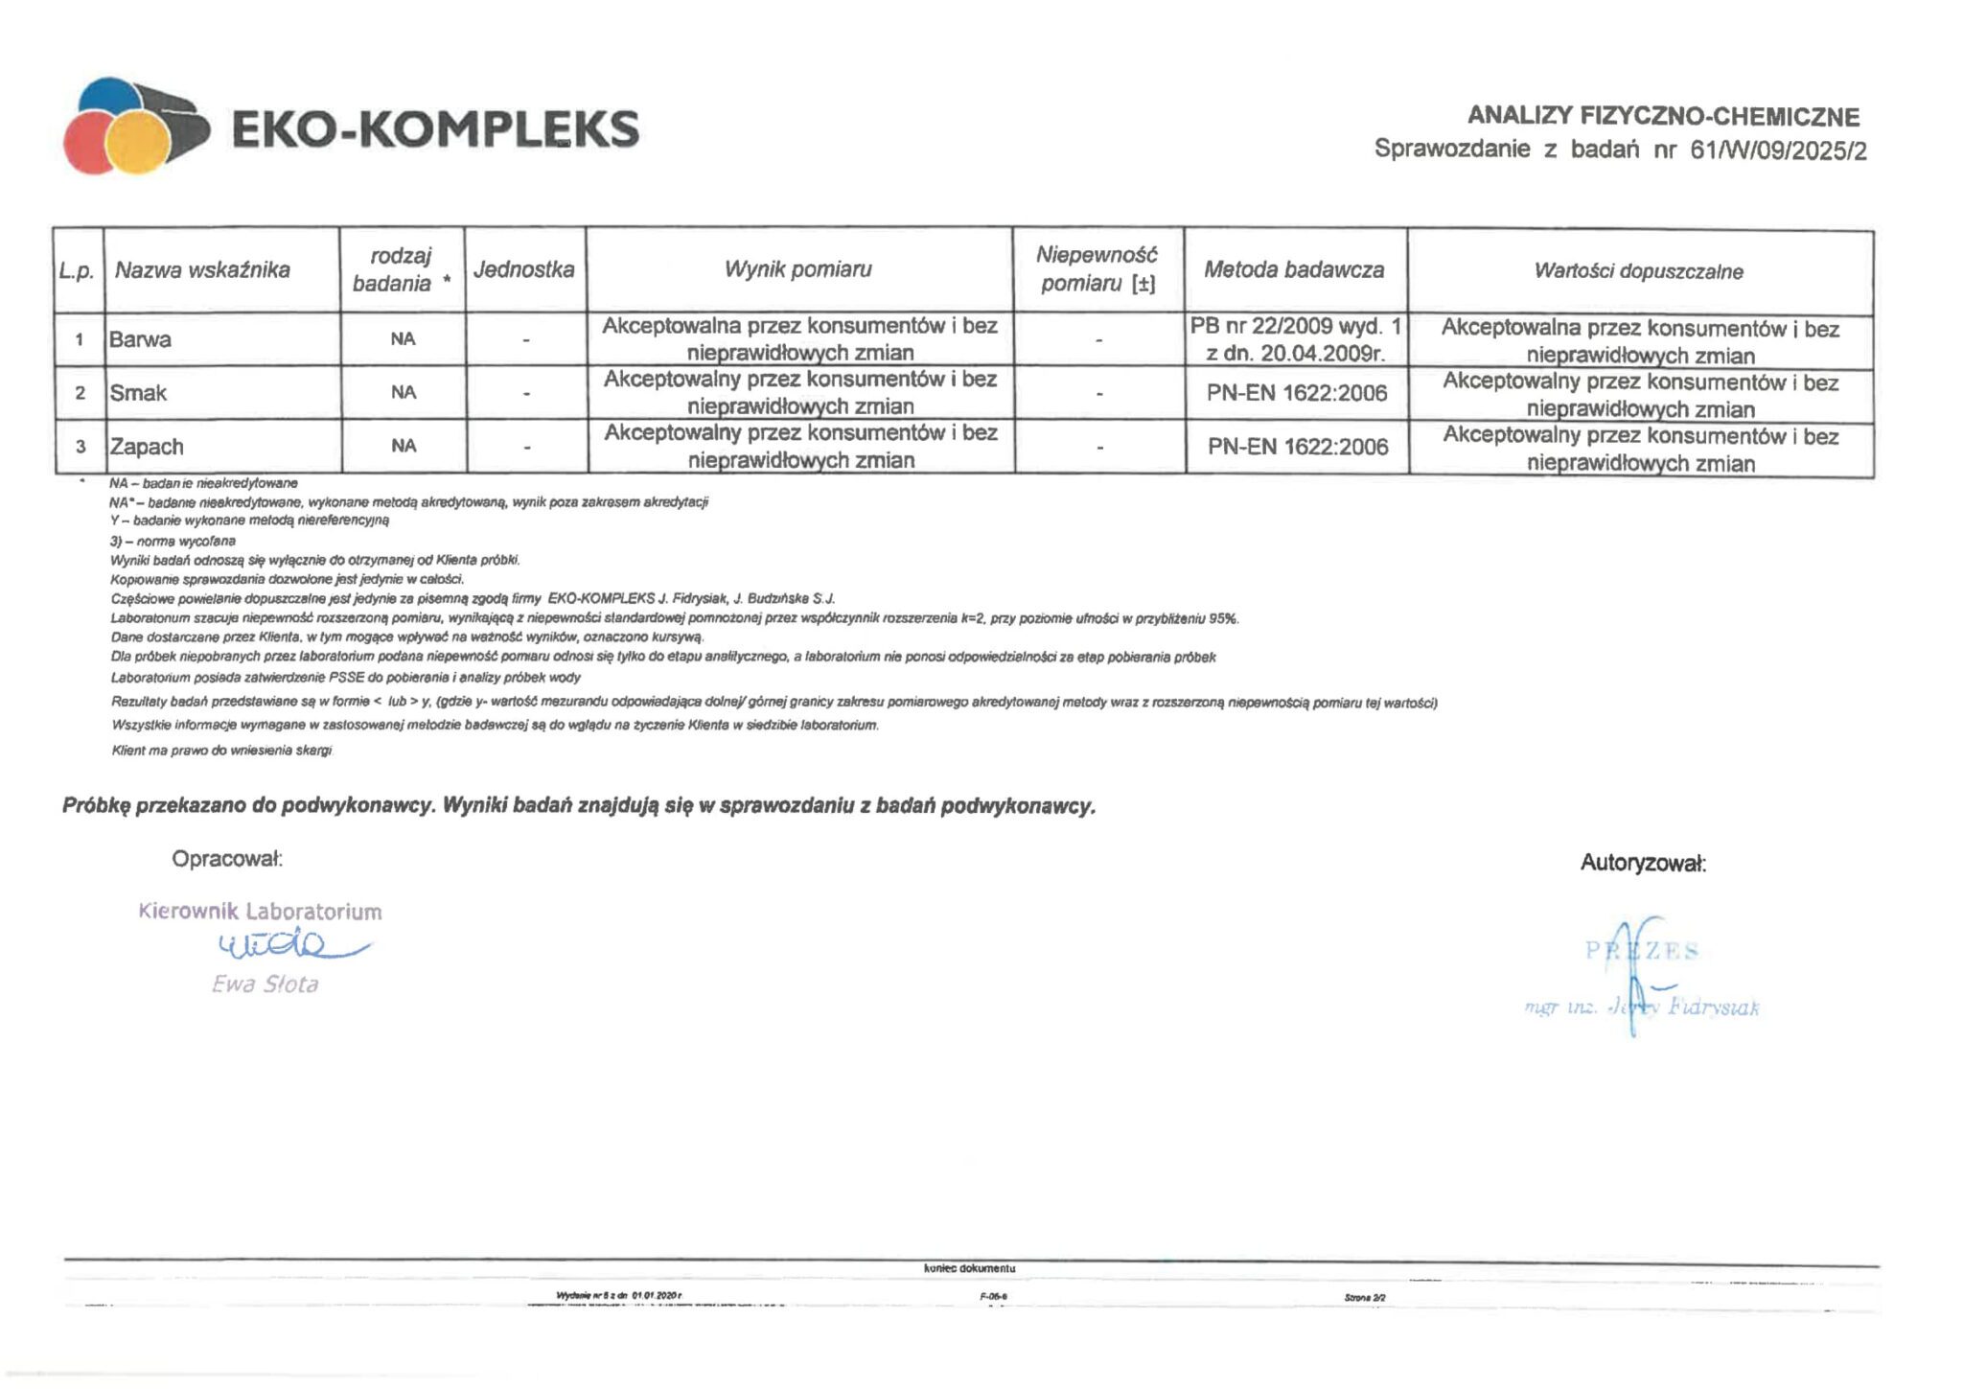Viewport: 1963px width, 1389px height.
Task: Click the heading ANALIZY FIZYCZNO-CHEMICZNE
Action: point(1663,117)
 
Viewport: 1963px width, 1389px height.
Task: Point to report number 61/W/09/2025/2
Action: point(1778,150)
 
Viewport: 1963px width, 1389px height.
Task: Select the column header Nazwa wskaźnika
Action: point(202,270)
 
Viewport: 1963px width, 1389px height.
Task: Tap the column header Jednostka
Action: point(523,269)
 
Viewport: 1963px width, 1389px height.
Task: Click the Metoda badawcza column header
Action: point(1294,270)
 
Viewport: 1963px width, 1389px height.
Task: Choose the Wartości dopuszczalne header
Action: point(1638,271)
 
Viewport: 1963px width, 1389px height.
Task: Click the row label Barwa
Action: point(140,339)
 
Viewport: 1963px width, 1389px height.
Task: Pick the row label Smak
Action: point(138,393)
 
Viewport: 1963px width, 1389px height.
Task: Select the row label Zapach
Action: point(147,447)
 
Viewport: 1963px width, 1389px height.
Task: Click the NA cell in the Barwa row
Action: point(403,339)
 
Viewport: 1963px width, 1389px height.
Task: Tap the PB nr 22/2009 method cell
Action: point(1295,339)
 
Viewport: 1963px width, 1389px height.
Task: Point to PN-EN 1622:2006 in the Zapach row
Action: point(1297,447)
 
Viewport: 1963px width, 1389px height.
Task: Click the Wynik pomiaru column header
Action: point(797,269)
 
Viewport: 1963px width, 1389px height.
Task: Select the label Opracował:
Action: point(227,859)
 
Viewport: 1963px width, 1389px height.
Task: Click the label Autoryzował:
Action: point(1643,864)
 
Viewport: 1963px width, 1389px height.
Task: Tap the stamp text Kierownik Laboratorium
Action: point(260,912)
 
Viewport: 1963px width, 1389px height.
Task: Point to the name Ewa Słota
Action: point(265,984)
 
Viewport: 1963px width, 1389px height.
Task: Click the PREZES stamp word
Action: point(1642,951)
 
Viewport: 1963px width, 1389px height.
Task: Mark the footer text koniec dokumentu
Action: point(969,1268)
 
